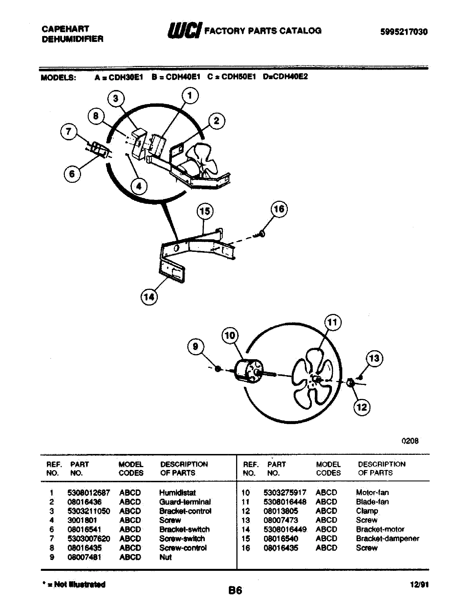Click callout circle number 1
(190, 96)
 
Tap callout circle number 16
(279, 209)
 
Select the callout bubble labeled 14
(149, 297)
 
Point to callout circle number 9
(196, 346)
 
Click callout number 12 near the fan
(362, 407)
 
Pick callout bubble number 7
(69, 131)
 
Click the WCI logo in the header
(185, 30)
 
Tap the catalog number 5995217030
(404, 32)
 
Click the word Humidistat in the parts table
(177, 493)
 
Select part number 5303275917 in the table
(284, 493)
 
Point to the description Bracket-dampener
(387, 538)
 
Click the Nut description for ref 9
(165, 557)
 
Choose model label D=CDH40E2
(285, 77)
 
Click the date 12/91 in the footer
(419, 585)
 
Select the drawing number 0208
(410, 441)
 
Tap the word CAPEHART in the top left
(65, 29)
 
